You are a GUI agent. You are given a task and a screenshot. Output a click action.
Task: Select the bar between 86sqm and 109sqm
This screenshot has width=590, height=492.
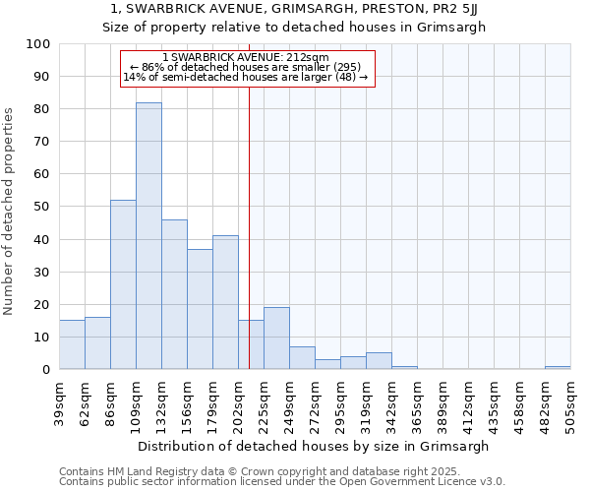click(x=123, y=285)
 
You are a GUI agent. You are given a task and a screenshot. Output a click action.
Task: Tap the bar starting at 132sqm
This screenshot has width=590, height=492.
click(x=174, y=295)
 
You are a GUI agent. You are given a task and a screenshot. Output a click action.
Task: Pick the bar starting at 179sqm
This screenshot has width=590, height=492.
click(x=225, y=303)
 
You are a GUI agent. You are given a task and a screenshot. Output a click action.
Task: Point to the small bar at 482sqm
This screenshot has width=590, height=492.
click(x=558, y=368)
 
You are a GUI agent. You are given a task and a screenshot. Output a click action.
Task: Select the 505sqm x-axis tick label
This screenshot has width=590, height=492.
click(x=570, y=403)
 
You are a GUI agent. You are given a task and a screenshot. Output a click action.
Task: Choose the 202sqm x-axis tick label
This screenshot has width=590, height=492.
click(x=239, y=403)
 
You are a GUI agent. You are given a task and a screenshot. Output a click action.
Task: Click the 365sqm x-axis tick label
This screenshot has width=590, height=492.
click(x=417, y=403)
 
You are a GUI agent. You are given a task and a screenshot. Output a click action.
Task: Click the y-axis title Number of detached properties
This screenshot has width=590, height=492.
click(x=10, y=207)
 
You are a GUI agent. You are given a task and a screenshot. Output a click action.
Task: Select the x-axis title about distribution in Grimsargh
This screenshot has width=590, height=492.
click(x=315, y=446)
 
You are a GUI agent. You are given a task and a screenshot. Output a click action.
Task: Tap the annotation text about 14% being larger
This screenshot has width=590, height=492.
click(x=246, y=77)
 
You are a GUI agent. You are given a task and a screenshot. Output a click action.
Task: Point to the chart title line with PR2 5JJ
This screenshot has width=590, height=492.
click(x=295, y=9)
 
